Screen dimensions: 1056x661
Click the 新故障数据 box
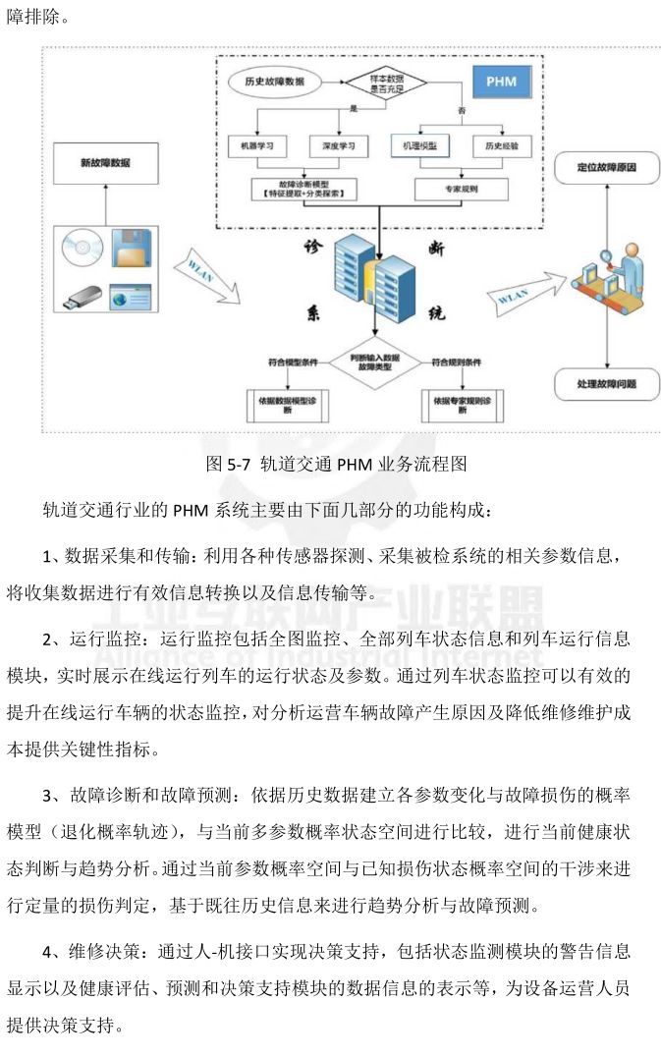coord(106,162)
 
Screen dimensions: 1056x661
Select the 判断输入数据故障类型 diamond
coord(372,363)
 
